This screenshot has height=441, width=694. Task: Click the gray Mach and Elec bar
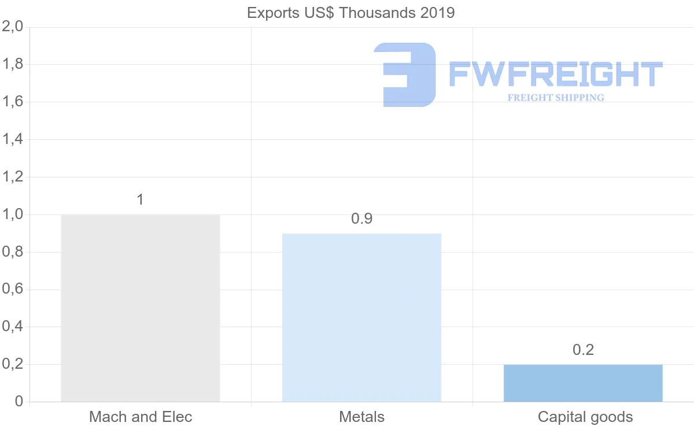point(141,308)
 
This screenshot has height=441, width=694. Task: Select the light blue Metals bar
point(361,317)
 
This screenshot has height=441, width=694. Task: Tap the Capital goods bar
point(583,383)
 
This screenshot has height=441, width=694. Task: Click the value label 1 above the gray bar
point(140,200)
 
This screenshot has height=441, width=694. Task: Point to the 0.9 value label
point(361,219)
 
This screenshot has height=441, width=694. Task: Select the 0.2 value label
point(583,350)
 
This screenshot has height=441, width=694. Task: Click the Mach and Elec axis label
point(141,417)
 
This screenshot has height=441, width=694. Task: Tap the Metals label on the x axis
point(361,417)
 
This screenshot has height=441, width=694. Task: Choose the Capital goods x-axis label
point(585,417)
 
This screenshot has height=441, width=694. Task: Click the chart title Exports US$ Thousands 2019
point(351,13)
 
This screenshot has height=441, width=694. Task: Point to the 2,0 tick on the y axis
point(13,27)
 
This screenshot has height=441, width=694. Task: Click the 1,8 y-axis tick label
point(13,65)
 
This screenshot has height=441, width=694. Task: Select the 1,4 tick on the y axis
point(13,139)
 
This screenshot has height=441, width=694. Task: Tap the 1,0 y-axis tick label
point(13,214)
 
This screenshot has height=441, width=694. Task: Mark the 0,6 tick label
point(13,290)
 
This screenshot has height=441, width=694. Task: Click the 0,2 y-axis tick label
point(13,364)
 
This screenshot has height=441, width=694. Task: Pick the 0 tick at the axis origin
point(19,402)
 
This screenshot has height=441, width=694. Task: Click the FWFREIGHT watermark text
point(555,75)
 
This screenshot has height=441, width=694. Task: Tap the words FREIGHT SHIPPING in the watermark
point(555,98)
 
